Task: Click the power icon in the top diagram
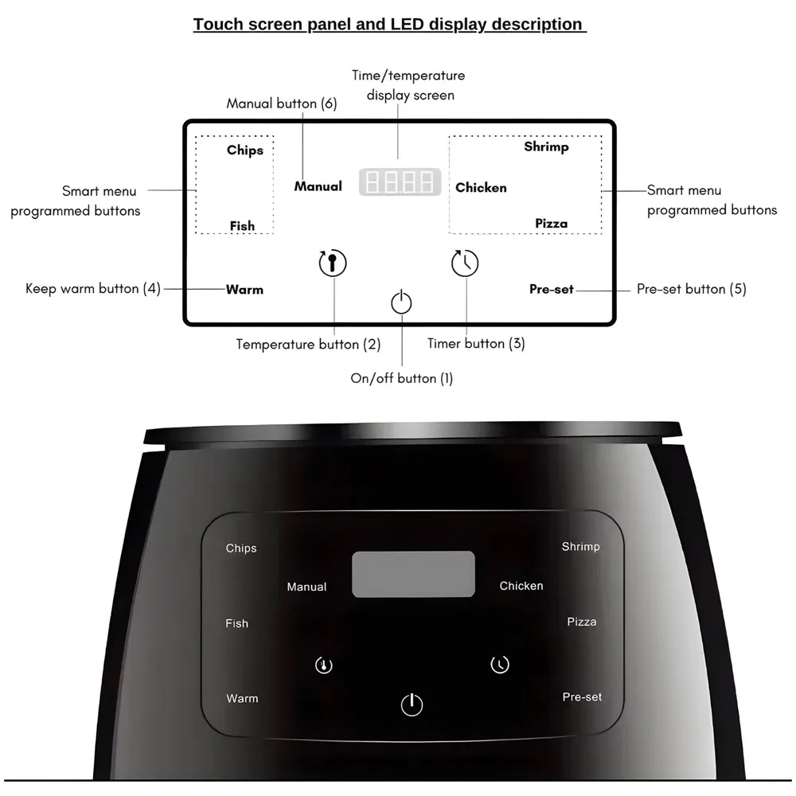[x=402, y=302]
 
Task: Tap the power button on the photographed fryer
[x=412, y=704]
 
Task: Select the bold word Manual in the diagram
[x=318, y=186]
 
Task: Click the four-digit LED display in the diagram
[x=400, y=182]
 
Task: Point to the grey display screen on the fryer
[x=413, y=574]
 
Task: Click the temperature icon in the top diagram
[x=333, y=262]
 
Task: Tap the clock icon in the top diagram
[x=465, y=263]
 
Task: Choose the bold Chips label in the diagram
[x=245, y=150]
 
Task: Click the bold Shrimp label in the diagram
[x=546, y=147]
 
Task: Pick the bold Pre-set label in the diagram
[x=552, y=290]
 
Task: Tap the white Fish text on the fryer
[x=236, y=623]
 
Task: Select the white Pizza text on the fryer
[x=582, y=622]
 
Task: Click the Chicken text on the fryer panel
[x=521, y=586]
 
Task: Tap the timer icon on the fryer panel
[x=499, y=664]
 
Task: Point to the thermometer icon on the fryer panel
[x=324, y=665]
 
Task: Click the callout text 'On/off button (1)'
[x=402, y=378]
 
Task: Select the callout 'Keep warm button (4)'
[x=93, y=288]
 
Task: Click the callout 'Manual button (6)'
[x=282, y=103]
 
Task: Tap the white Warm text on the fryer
[x=242, y=698]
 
